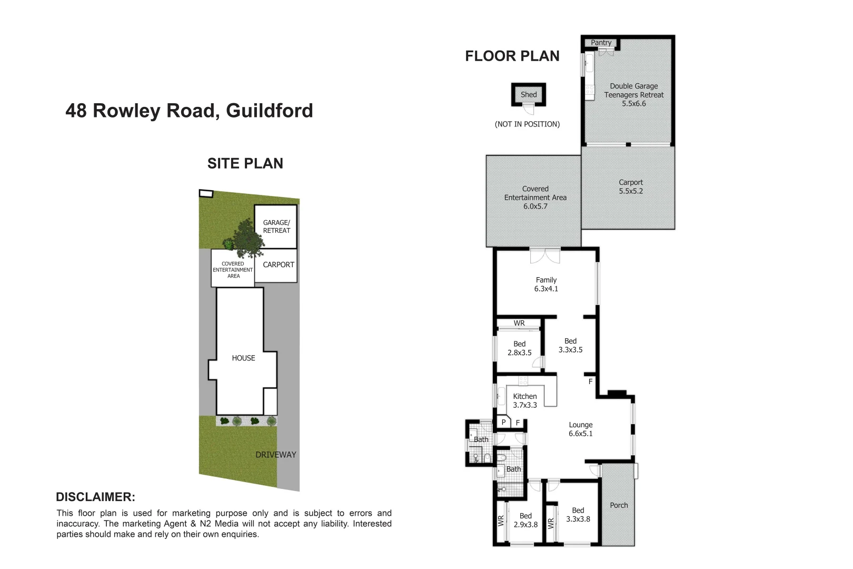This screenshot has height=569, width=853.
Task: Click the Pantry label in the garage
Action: coord(601,43)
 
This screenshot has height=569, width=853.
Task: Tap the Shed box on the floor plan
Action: coord(529,95)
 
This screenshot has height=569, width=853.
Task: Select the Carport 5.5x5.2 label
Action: coord(631,187)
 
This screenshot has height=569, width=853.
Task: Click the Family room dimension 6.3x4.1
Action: coord(546,289)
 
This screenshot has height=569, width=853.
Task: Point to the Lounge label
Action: coord(580,425)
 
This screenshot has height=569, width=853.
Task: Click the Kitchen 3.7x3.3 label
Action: coord(525,401)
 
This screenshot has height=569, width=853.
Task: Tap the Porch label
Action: coord(619,505)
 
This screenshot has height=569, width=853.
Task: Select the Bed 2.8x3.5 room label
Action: coord(519,348)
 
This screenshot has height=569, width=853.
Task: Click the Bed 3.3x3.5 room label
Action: coord(570,346)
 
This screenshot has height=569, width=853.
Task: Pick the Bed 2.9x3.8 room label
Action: coord(525,521)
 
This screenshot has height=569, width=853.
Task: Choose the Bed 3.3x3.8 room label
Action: coord(578,515)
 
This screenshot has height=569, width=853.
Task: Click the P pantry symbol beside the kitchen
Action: coord(504,423)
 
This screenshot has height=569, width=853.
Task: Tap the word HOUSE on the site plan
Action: coord(243,358)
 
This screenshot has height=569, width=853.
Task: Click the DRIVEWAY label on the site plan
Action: coord(276,455)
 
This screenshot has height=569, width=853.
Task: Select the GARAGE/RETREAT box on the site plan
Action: coord(276,227)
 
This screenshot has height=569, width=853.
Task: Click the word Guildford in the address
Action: coord(270,111)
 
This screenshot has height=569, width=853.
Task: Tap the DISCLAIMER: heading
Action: coord(95,497)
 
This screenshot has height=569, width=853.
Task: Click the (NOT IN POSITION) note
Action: coord(527,124)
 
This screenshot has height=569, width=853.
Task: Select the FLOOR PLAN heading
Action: coord(512,56)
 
